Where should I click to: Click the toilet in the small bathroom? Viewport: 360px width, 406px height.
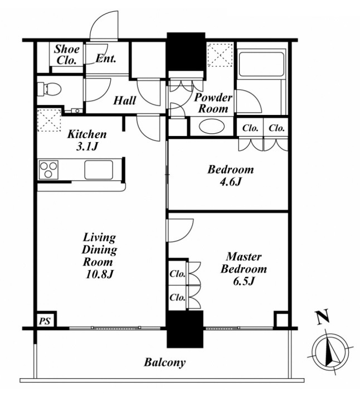(x=49, y=89)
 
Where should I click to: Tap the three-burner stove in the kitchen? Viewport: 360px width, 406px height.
(x=48, y=170)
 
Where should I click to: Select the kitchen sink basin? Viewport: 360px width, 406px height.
(x=99, y=170)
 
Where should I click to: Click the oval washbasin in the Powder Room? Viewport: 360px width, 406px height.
(x=212, y=127)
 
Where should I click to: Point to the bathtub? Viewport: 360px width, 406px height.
(x=261, y=64)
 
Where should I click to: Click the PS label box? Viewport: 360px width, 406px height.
(x=45, y=321)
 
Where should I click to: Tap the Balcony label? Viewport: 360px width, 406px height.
(x=164, y=362)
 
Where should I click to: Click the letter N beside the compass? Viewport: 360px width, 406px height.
(x=322, y=317)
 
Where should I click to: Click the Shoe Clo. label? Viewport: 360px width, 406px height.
(x=66, y=55)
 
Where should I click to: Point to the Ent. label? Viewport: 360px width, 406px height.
(x=105, y=59)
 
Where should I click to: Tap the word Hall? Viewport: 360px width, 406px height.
(x=124, y=100)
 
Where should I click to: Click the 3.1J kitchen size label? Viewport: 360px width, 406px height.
(x=87, y=147)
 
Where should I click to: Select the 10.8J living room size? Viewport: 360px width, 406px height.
(x=99, y=274)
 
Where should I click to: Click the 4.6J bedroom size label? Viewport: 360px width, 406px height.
(x=230, y=182)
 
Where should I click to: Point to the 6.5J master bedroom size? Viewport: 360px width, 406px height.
(x=244, y=281)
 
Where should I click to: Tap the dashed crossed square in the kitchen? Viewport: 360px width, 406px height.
(x=49, y=120)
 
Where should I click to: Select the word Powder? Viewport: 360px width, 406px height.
(x=213, y=98)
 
